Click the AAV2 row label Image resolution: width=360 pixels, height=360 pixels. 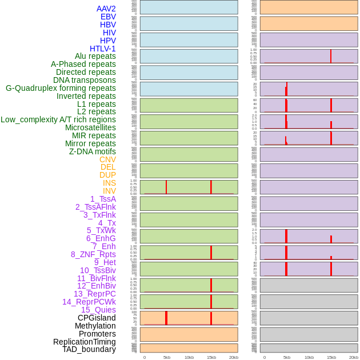pyautogui.click(x=106, y=9)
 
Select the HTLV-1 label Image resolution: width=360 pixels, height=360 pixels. pyautogui.click(x=102, y=49)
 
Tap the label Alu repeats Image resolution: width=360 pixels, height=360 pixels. pyautogui.click(x=95, y=56)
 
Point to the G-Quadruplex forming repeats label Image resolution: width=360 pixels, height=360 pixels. pyautogui.click(x=61, y=88)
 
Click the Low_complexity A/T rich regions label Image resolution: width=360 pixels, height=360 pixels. pyautogui.click(x=58, y=119)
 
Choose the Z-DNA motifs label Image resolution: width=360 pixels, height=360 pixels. pyautogui.click(x=92, y=151)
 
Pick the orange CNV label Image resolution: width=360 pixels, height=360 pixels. pyautogui.click(x=107, y=159)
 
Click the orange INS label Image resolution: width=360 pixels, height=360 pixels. pyautogui.click(x=109, y=183)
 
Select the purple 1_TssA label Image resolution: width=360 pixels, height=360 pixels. pyautogui.click(x=103, y=199)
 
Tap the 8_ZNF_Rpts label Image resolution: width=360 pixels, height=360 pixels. pyautogui.click(x=93, y=254)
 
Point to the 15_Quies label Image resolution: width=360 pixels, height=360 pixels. pyautogui.click(x=98, y=310)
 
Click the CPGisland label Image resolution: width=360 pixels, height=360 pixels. pyautogui.click(x=97, y=318)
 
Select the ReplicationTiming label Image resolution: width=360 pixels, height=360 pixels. pyautogui.click(x=85, y=342)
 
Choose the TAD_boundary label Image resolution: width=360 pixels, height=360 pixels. pyautogui.click(x=89, y=349)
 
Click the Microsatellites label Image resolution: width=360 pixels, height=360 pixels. pyautogui.click(x=90, y=127)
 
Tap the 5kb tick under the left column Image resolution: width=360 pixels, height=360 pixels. pyautogui.click(x=167, y=357)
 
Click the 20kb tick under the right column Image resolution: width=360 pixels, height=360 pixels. pyautogui.click(x=354, y=357)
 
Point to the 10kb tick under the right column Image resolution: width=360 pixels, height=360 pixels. pyautogui.click(x=309, y=357)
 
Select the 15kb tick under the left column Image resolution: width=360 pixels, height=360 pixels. pyautogui.click(x=211, y=357)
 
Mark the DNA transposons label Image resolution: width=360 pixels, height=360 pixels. pyautogui.click(x=85, y=80)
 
